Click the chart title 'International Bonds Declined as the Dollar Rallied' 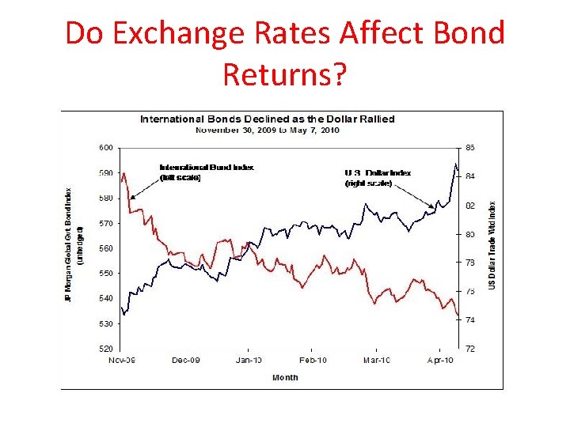267,119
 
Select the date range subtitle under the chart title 267,130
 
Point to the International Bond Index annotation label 206,172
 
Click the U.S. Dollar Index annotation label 378,177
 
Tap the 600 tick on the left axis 105,147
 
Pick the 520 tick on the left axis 105,349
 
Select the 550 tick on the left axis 105,274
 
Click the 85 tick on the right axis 469,147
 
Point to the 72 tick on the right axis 469,349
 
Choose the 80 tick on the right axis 469,234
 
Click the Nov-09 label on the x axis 121,361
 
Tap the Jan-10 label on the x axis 249,361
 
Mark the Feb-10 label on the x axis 313,361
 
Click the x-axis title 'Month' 285,377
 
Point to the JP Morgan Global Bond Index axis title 71,245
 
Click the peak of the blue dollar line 455,164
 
